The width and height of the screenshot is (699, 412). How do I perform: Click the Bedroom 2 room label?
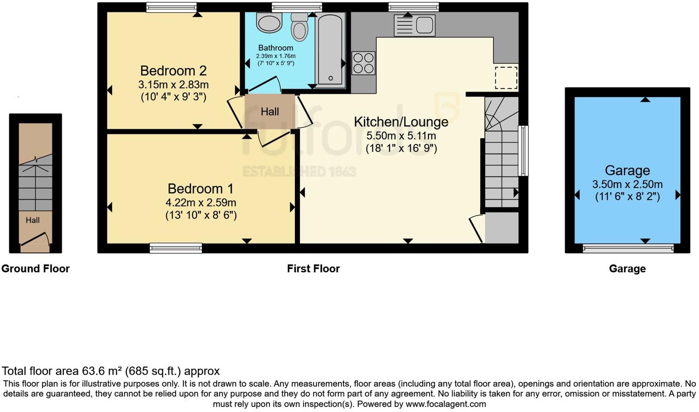click(173, 71)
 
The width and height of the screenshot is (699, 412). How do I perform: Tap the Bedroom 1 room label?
click(201, 189)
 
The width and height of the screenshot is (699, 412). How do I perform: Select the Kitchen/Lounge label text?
click(401, 122)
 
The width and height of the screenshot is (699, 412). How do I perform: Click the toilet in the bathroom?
click(299, 28)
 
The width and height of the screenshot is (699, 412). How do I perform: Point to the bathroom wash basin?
click(269, 23)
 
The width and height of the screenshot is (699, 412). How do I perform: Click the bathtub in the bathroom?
click(330, 50)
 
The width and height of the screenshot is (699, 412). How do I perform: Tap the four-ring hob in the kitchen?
click(363, 63)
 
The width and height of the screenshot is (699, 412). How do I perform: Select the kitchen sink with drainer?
click(415, 25)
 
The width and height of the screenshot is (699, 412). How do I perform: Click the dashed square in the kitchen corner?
click(506, 78)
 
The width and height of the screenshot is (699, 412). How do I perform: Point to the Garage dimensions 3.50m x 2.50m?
click(627, 185)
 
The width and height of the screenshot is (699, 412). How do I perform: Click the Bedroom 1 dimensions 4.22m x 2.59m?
click(201, 203)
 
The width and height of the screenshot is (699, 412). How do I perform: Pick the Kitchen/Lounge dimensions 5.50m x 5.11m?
click(401, 136)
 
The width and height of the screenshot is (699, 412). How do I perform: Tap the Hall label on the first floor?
click(270, 112)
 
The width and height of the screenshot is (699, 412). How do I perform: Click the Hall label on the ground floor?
click(33, 220)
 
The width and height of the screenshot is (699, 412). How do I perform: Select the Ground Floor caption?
click(35, 269)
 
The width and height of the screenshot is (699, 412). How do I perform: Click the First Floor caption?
click(313, 269)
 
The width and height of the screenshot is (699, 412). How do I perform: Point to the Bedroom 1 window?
click(176, 248)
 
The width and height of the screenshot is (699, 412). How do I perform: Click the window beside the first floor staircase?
click(523, 151)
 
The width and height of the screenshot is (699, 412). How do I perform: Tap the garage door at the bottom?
click(628, 249)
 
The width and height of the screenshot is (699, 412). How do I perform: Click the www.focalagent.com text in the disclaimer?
click(446, 404)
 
